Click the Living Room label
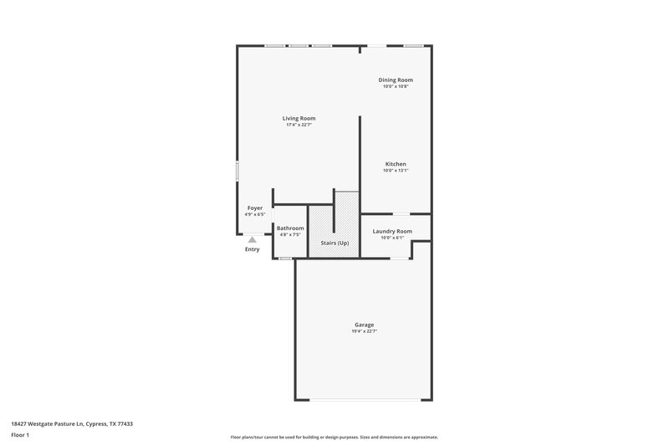(x=299, y=118)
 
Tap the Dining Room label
(x=396, y=79)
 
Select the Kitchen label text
(x=396, y=163)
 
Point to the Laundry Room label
(x=392, y=231)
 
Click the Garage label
(x=364, y=325)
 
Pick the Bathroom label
(x=290, y=228)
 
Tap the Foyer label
(x=255, y=208)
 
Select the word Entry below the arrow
(x=252, y=249)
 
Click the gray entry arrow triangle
(x=252, y=239)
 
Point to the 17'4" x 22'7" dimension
(x=299, y=125)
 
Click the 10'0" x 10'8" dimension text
(x=396, y=86)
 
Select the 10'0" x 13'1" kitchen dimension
(x=396, y=170)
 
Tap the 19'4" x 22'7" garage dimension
(x=364, y=331)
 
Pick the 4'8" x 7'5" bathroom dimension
(x=290, y=235)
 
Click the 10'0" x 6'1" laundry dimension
(x=392, y=238)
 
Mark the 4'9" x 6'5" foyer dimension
(x=255, y=214)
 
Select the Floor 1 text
(x=20, y=435)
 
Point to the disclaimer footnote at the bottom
(x=334, y=437)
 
